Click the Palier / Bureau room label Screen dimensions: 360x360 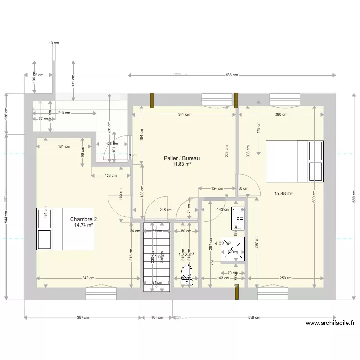click(x=181, y=158)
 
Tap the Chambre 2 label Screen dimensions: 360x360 click(x=83, y=219)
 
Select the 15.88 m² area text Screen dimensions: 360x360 click(x=283, y=194)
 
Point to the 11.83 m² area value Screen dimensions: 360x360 click(x=182, y=164)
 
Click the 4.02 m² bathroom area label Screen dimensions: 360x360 click(x=223, y=243)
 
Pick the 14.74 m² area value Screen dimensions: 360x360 click(x=83, y=225)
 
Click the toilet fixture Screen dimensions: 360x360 click(x=187, y=276)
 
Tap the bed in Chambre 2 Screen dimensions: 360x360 click(x=65, y=229)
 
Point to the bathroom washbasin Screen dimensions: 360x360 click(x=238, y=219)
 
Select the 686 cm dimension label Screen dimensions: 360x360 click(x=232, y=75)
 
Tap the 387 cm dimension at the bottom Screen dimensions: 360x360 click(x=83, y=317)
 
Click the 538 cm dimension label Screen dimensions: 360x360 click(x=255, y=317)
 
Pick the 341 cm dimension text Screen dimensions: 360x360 click(x=184, y=114)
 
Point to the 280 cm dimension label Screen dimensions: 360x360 click(x=281, y=114)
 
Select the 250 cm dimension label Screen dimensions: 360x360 click(x=285, y=278)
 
